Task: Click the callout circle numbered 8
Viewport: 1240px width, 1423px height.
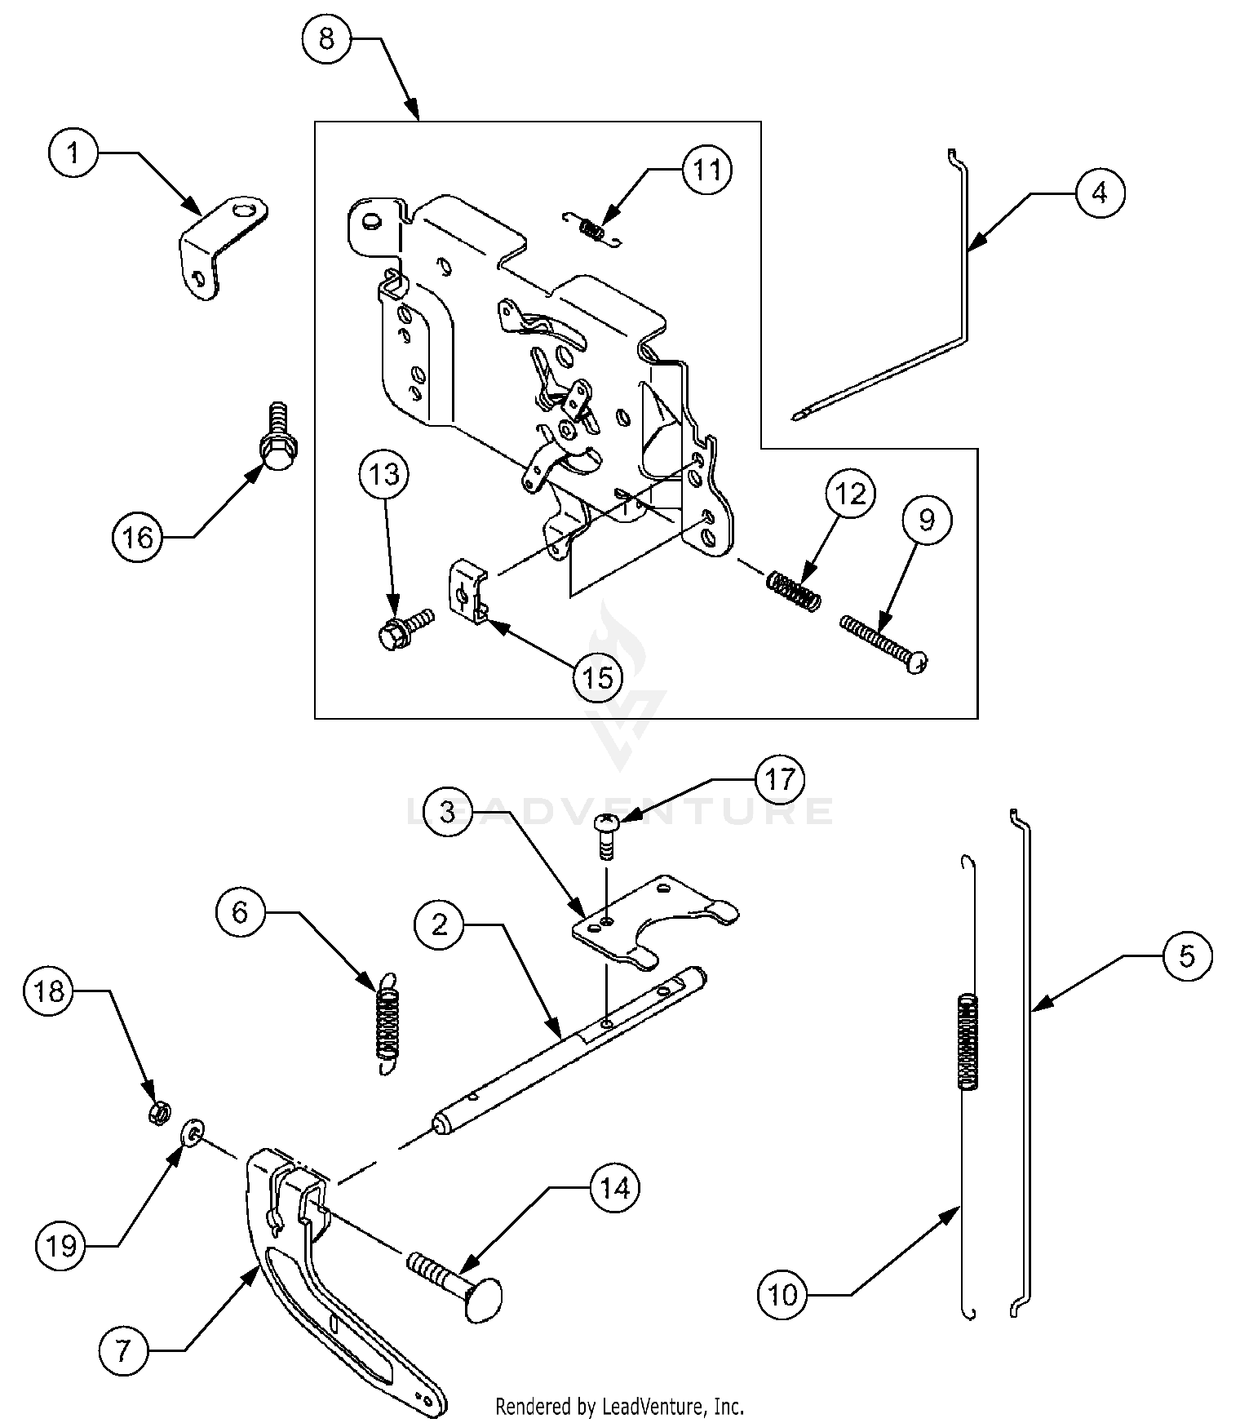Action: coord(327,38)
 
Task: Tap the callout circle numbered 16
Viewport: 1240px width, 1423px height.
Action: coord(138,537)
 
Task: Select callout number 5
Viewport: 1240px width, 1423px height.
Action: coord(1187,955)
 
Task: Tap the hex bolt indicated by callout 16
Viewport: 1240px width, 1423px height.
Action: coord(277,441)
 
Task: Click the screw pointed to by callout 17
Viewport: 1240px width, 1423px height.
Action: coord(607,835)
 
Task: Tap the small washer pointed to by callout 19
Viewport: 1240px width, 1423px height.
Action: coord(192,1134)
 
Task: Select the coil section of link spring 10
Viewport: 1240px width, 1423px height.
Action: coord(967,1041)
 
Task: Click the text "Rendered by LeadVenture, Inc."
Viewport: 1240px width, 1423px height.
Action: coord(620,1407)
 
